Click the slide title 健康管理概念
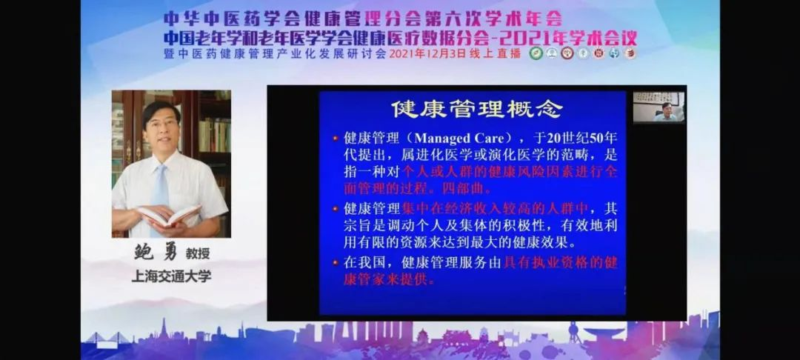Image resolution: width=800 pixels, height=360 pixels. click(x=477, y=109)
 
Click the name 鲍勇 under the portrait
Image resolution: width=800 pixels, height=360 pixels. click(x=154, y=254)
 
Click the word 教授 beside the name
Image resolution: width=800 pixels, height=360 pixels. click(x=198, y=254)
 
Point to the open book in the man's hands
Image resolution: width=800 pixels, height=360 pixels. click(x=168, y=216)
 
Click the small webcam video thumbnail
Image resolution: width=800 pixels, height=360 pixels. click(x=659, y=107)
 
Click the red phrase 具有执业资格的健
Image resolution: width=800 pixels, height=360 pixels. click(x=560, y=262)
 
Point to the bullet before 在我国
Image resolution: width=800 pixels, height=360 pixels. click(x=335, y=263)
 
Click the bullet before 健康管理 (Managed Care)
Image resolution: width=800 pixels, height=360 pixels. click(x=335, y=139)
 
